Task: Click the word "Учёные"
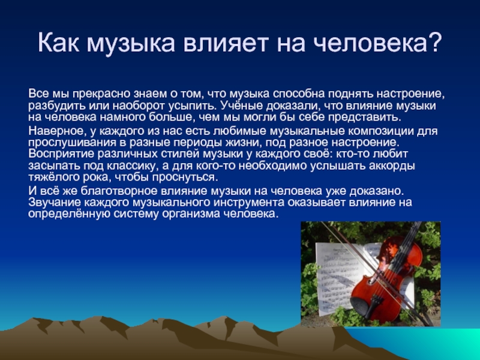(x=241, y=106)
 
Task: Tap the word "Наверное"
(x=56, y=131)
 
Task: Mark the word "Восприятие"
(x=61, y=154)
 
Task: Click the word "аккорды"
(x=392, y=166)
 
